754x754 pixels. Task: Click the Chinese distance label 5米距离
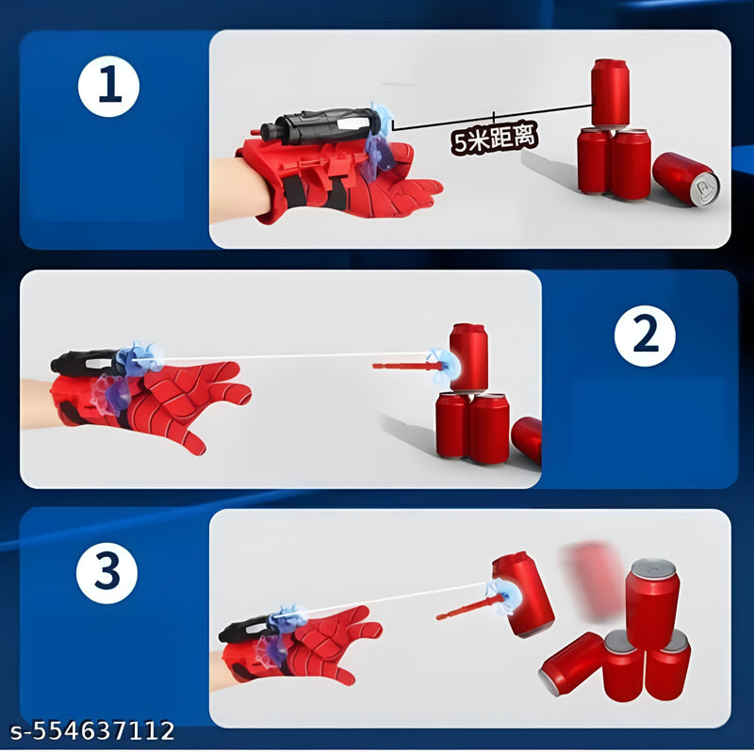(x=495, y=139)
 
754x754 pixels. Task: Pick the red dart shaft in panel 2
(x=401, y=365)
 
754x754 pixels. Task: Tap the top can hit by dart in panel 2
(x=468, y=355)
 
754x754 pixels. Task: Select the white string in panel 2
(x=283, y=357)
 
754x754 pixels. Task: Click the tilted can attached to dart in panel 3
(x=523, y=594)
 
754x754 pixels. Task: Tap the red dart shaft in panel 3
(x=467, y=608)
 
